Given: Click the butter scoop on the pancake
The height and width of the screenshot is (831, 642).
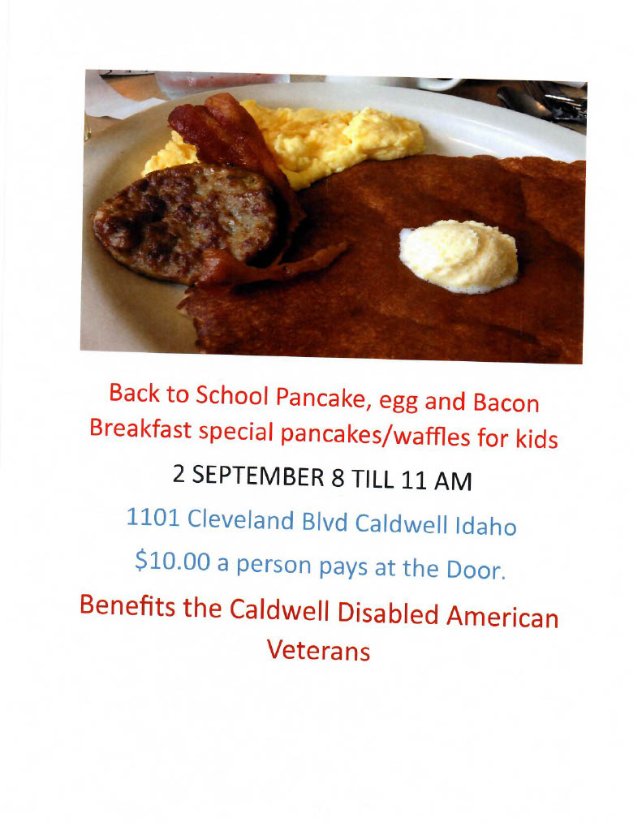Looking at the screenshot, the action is click(x=459, y=256).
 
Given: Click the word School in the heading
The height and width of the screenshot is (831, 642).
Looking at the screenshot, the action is click(x=232, y=395).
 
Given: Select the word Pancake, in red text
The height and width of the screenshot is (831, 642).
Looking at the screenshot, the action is click(x=321, y=398).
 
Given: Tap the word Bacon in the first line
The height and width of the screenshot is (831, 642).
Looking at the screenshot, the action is click(x=506, y=403).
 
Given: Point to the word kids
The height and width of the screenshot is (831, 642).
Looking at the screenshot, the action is click(x=536, y=439).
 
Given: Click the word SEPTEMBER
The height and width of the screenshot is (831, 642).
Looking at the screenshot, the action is click(x=257, y=476).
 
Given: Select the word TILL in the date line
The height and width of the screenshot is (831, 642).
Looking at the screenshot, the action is click(x=373, y=479).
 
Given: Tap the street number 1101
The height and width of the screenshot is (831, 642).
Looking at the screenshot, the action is click(x=153, y=517).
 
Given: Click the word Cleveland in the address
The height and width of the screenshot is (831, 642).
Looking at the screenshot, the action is click(x=241, y=519).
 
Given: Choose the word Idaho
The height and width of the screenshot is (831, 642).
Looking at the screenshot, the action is click(x=486, y=525).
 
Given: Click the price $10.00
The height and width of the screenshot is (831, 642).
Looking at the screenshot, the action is click(x=172, y=561).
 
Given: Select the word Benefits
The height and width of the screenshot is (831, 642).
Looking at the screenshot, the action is click(x=127, y=605).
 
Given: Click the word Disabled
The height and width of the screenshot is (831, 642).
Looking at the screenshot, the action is click(x=388, y=613).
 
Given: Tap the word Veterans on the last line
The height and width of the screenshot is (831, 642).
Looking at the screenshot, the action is click(x=318, y=650).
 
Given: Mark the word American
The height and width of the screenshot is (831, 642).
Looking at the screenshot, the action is click(x=502, y=617).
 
